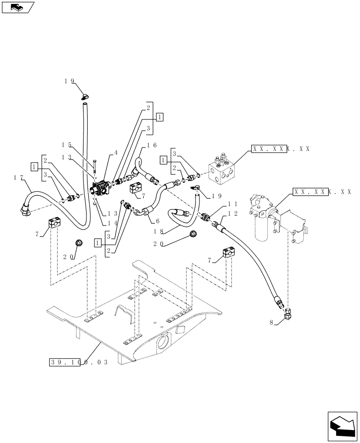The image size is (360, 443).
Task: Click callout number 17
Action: tap(18, 178)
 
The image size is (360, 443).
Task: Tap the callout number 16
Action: tap(152, 145)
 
